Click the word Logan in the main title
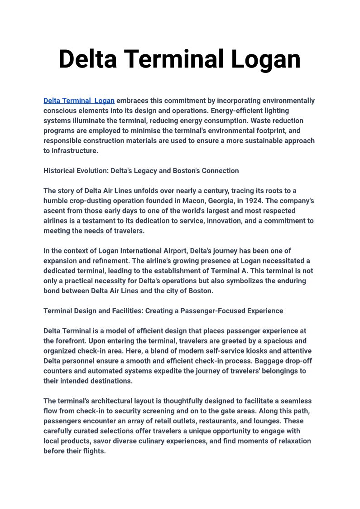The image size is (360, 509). pyautogui.click(x=266, y=59)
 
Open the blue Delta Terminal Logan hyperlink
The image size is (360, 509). pyautogui.click(x=79, y=101)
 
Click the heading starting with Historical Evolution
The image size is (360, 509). pyautogui.click(x=141, y=171)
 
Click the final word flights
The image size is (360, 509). pyautogui.click(x=93, y=451)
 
